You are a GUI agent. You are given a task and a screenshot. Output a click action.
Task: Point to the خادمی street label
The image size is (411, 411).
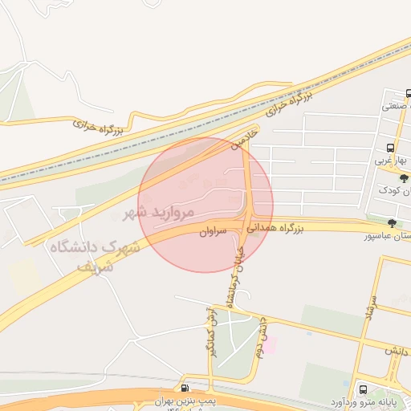click(245, 136)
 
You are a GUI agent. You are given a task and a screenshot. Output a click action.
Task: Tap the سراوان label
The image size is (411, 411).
click(213, 230)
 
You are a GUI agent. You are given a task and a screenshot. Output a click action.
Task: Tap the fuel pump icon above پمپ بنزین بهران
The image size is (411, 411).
click(186, 389)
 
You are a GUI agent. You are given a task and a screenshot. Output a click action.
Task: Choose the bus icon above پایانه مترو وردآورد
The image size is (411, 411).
click(363, 389)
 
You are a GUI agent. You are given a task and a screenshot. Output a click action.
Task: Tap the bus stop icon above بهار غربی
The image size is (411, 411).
click(389, 149)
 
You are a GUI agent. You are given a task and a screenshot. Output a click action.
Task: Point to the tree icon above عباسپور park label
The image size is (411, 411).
click(392, 224)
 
